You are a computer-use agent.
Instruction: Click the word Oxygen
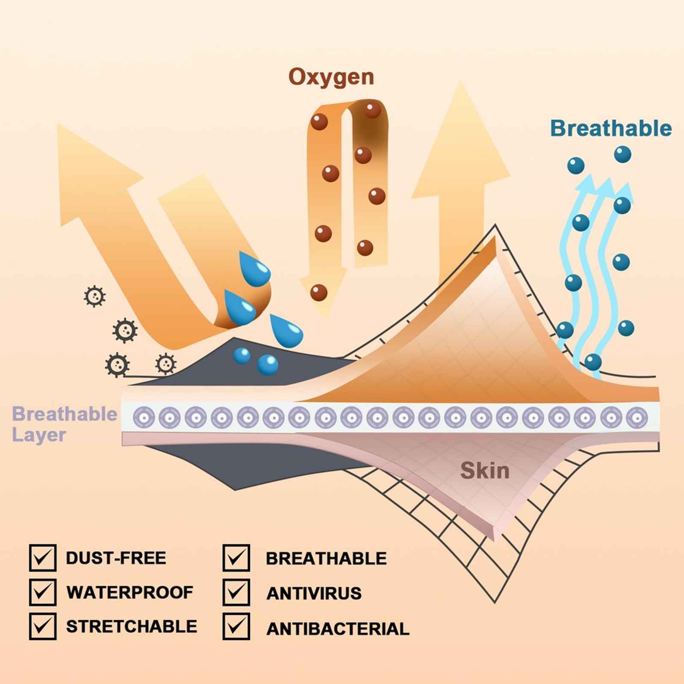tap(331, 77)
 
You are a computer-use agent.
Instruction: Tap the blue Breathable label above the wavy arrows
tap(611, 128)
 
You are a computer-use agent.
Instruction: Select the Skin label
tap(485, 471)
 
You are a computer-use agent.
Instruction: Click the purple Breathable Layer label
tap(64, 424)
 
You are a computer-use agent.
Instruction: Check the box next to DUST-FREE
tap(43, 558)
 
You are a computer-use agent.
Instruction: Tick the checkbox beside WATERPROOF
tap(43, 593)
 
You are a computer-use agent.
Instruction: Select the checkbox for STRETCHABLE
tap(43, 626)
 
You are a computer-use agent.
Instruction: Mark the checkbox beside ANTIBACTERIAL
tap(236, 627)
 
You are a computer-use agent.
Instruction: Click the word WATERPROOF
tap(130, 593)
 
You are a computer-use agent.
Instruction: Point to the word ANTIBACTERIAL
tap(338, 628)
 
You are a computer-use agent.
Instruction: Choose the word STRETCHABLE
tap(132, 626)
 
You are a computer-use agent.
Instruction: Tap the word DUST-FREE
tap(116, 558)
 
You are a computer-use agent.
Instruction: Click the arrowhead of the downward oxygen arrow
tap(321, 295)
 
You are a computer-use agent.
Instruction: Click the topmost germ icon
tap(94, 296)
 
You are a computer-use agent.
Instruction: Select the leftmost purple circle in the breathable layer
tap(144, 416)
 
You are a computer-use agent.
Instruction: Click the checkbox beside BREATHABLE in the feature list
tap(236, 558)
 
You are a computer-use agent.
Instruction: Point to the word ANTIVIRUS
tap(314, 593)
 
